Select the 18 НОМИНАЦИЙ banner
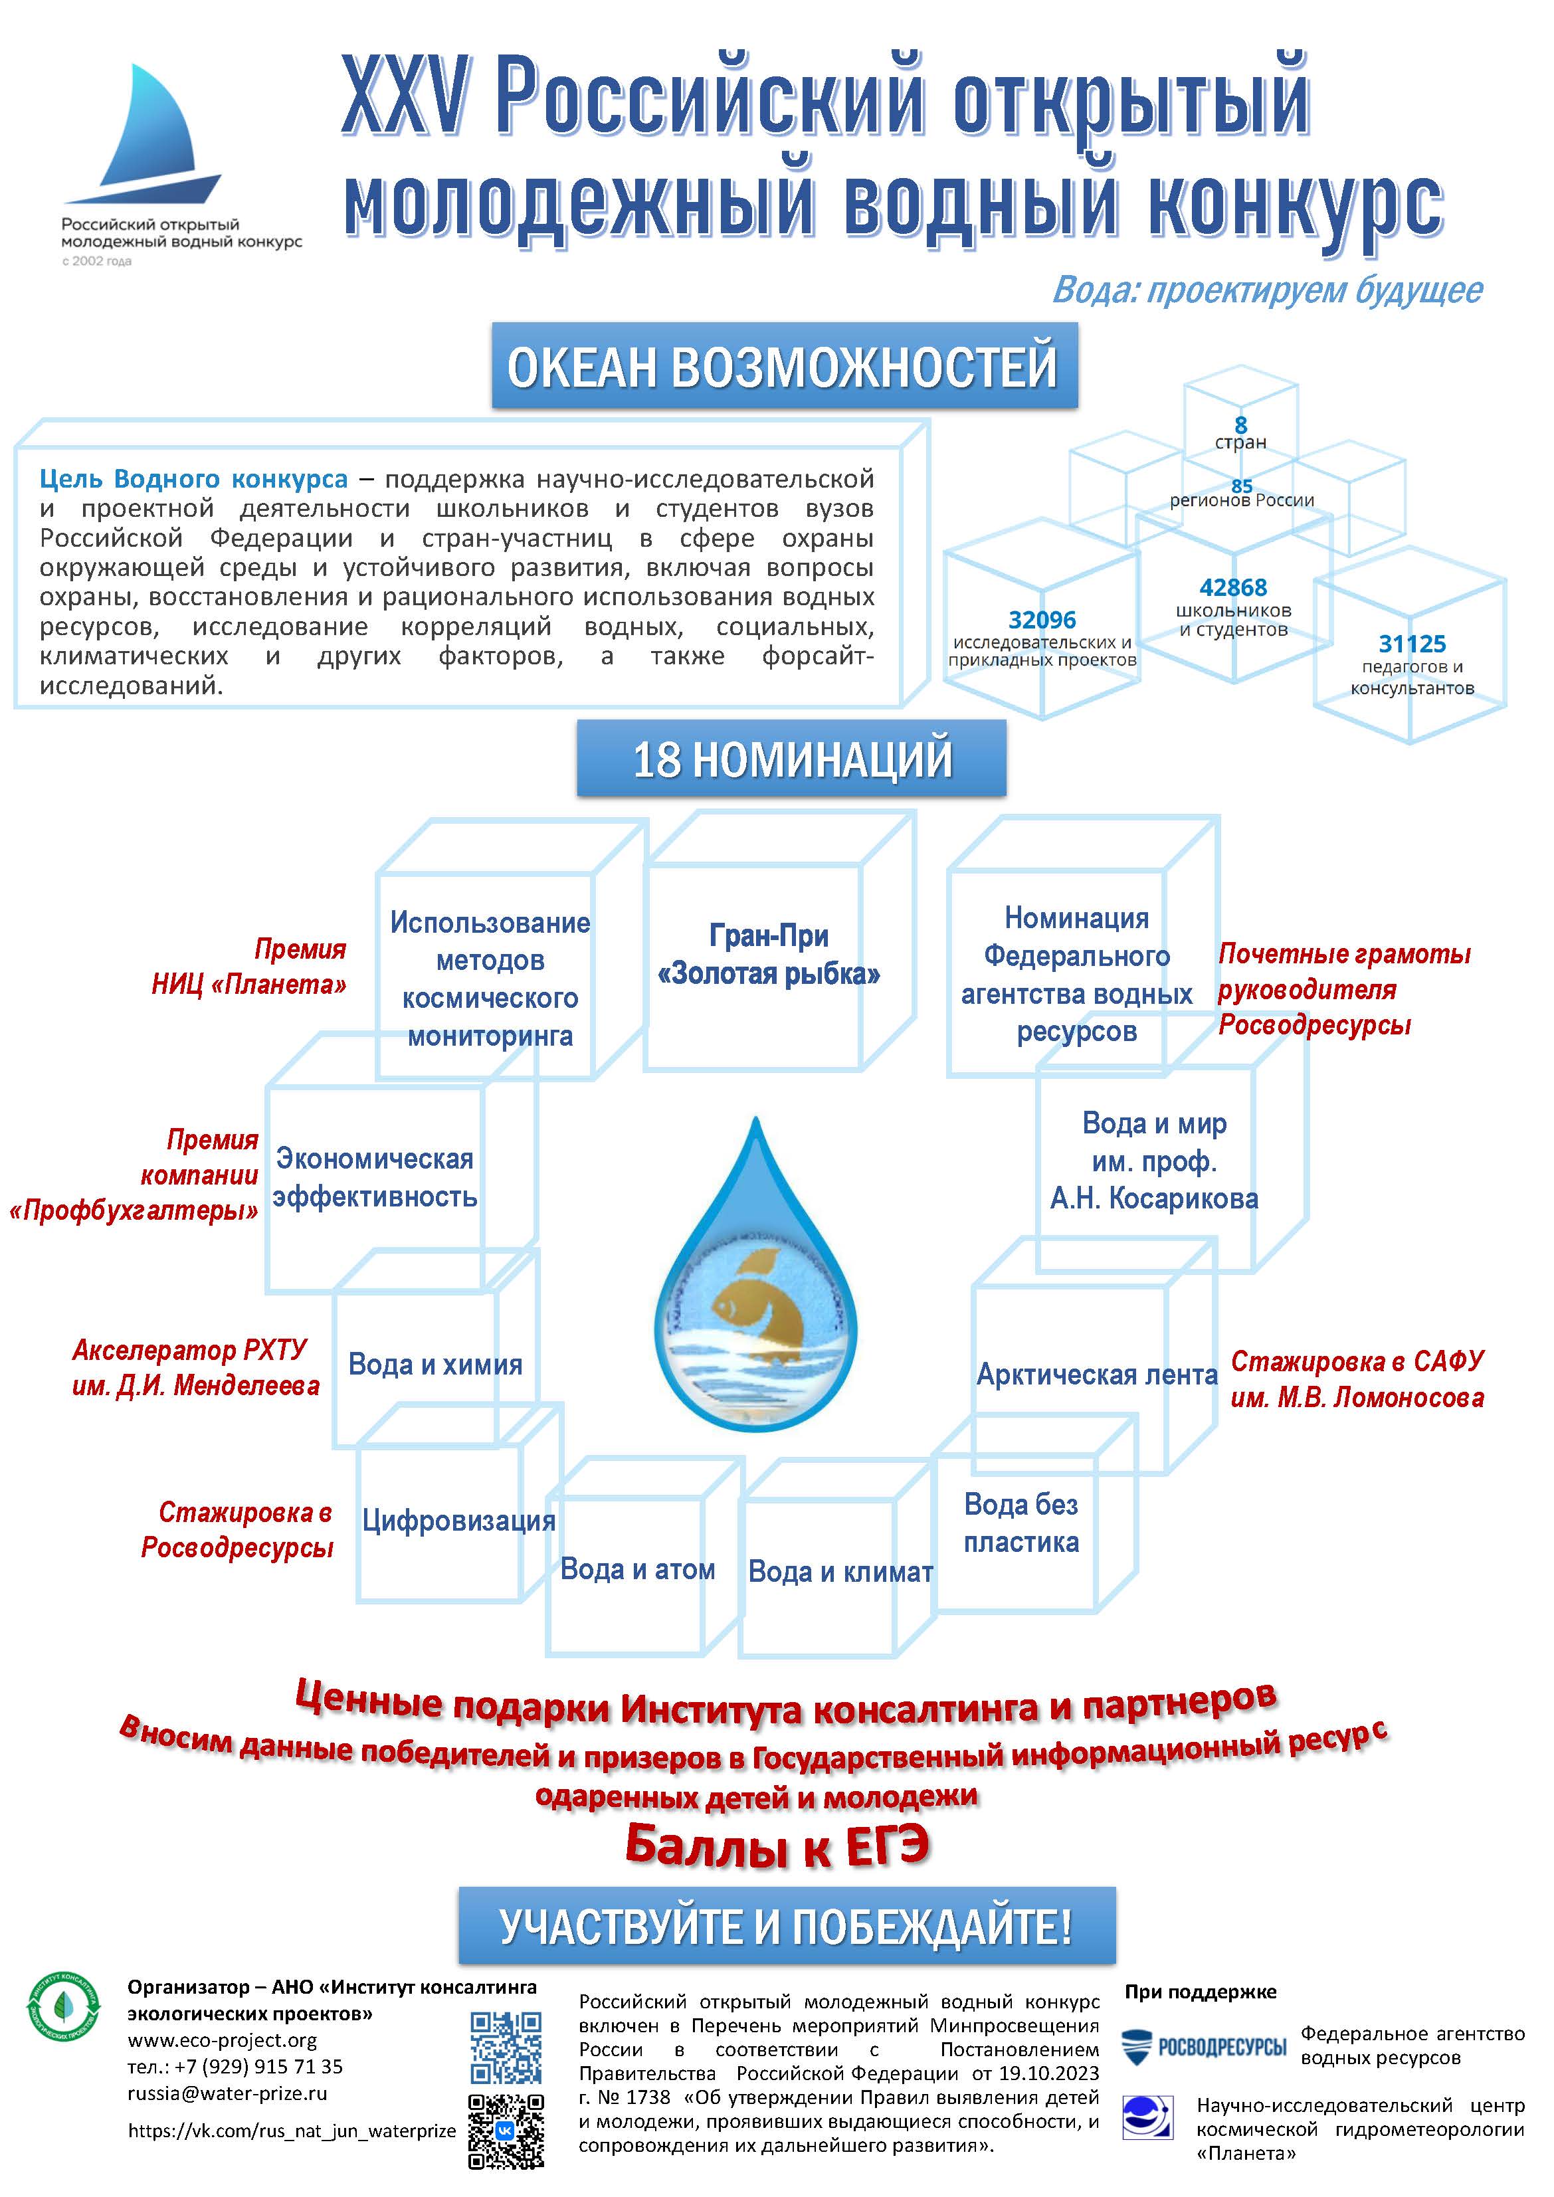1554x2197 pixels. coord(791,758)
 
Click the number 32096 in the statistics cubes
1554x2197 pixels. coord(1042,620)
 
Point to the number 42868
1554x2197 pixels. coord(1234,587)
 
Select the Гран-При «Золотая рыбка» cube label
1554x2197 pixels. coord(769,955)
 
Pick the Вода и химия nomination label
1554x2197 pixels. coord(435,1365)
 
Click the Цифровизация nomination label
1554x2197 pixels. coord(458,1521)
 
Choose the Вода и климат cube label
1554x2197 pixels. coord(840,1571)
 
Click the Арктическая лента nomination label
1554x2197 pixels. coord(1097,1375)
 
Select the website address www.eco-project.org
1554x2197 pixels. coord(222,2040)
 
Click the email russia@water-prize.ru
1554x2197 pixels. coord(227,2093)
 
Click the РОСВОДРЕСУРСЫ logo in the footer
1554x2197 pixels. coord(1204,2047)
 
